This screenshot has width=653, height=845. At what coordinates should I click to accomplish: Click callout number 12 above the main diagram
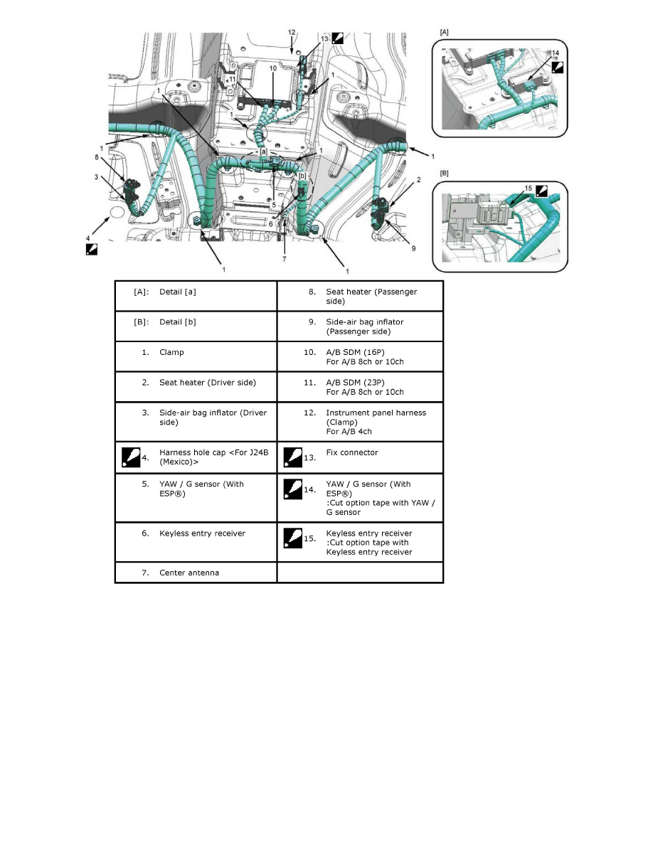pyautogui.click(x=292, y=33)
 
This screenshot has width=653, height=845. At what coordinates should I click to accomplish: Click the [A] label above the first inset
pyautogui.click(x=445, y=33)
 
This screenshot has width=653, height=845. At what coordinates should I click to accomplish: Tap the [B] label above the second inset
pyautogui.click(x=445, y=173)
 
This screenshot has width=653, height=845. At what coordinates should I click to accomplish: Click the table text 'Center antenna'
pyautogui.click(x=189, y=573)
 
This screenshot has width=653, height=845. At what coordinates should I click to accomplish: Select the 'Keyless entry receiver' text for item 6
pyautogui.click(x=203, y=533)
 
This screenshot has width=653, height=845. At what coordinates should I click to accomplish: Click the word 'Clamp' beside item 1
pyautogui.click(x=171, y=352)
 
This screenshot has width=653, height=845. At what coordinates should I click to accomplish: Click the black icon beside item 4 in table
pyautogui.click(x=130, y=457)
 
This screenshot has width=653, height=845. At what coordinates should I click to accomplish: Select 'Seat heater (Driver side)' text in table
pyautogui.click(x=208, y=383)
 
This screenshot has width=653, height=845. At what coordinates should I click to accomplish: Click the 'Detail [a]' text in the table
pyautogui.click(x=177, y=292)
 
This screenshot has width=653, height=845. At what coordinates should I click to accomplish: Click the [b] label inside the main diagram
pyautogui.click(x=302, y=175)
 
